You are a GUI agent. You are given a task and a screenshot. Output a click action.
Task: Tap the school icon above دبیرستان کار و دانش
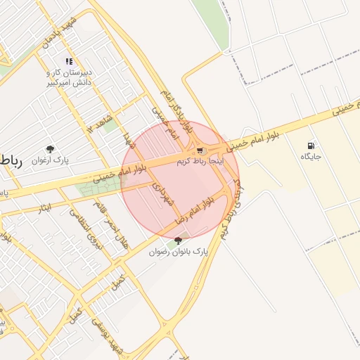(69, 61)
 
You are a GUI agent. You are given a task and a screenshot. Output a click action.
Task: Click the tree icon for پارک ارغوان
(50, 148)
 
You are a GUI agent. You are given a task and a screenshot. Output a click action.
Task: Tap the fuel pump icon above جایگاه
(310, 146)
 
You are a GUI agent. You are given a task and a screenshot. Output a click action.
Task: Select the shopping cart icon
(200, 150)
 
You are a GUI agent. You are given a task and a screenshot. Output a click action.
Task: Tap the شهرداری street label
(167, 191)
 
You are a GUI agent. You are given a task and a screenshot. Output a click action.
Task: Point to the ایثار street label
(42, 207)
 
